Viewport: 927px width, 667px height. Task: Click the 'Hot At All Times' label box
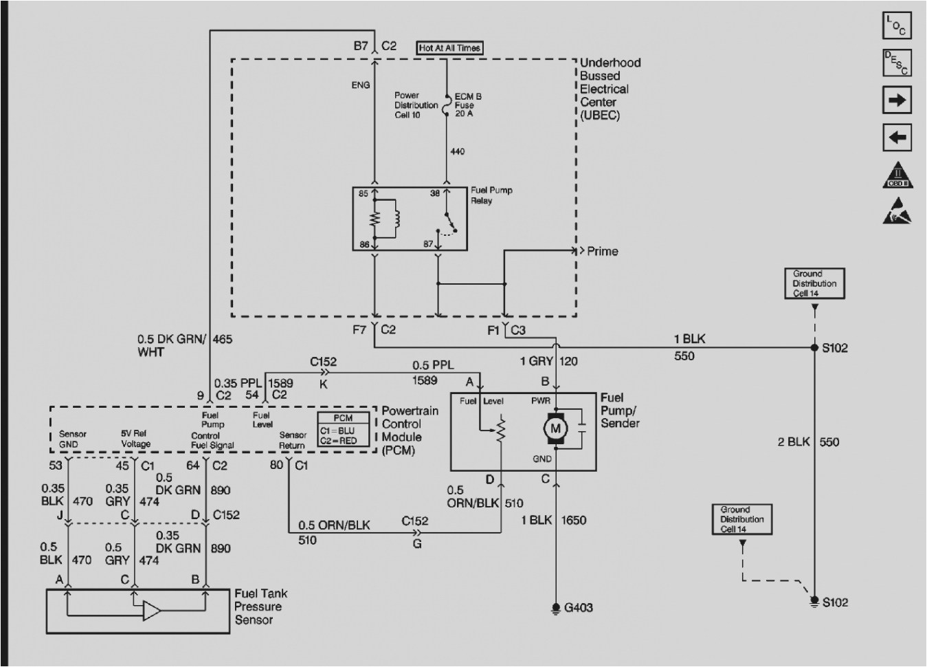tap(449, 48)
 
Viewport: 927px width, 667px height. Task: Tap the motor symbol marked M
tap(555, 429)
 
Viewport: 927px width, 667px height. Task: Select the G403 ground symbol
tap(555, 608)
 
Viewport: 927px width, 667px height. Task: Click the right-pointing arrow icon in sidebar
tap(897, 100)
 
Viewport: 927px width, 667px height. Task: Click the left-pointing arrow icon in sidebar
tap(897, 138)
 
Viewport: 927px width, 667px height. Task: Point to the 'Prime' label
tap(602, 252)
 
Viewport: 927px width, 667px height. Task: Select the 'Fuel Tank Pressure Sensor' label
tap(261, 606)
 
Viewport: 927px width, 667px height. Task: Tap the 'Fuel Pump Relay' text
tap(491, 195)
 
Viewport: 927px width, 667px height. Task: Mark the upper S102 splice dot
tap(815, 348)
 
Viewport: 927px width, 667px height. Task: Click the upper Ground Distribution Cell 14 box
tap(814, 283)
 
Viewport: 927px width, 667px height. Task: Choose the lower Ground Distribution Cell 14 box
tap(741, 519)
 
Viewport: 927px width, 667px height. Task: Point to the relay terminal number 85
tap(364, 194)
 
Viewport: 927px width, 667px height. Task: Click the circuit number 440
tap(457, 151)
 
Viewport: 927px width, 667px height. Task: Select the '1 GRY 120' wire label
tap(548, 361)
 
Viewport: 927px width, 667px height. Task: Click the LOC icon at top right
tap(897, 26)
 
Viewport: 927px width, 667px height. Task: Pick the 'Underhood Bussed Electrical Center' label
tap(609, 89)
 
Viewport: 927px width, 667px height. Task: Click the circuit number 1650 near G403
tap(573, 520)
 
